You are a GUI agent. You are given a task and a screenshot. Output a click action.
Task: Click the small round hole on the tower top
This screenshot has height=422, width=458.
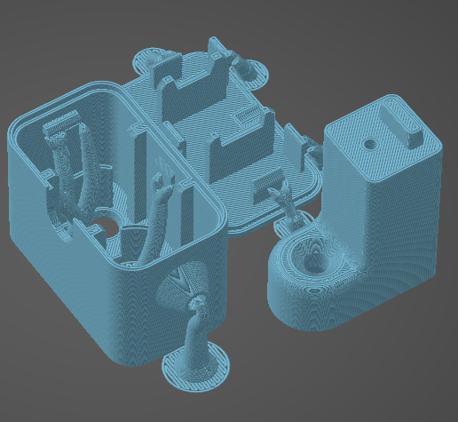tap(370, 142)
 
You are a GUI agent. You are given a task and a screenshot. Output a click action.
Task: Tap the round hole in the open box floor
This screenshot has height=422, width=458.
tap(100, 227)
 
